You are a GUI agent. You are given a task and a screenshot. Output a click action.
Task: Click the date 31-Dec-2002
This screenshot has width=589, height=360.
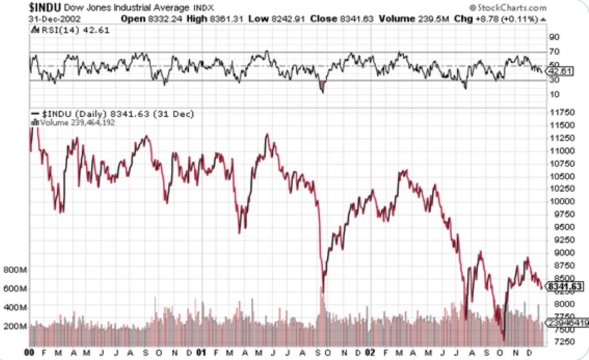(x=55, y=19)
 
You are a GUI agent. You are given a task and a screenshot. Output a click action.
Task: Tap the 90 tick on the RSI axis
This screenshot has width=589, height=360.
(x=554, y=37)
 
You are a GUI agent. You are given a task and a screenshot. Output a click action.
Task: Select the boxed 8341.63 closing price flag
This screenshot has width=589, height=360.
(x=564, y=286)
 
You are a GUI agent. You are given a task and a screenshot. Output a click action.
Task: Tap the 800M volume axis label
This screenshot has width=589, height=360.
(x=15, y=270)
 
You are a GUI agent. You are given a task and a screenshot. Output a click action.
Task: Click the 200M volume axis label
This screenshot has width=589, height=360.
(x=15, y=326)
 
